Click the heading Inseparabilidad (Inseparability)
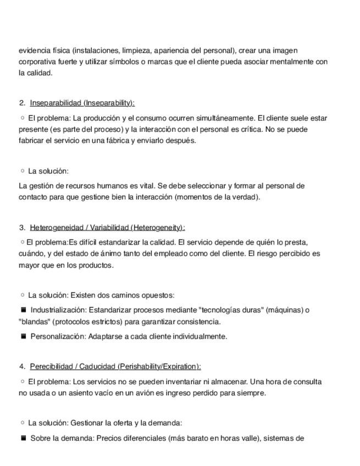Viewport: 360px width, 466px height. coord(82,103)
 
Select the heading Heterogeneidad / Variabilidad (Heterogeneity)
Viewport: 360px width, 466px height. coord(107,228)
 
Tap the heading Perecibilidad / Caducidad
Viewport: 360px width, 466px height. coord(115,367)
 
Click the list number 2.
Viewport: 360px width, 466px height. coord(21,103)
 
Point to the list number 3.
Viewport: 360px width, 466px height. coord(21,228)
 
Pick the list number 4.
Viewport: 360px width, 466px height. coord(21,367)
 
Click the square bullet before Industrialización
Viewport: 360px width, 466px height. coord(24,310)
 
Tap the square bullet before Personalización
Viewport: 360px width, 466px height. coord(24,336)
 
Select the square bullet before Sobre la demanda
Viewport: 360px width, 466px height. coord(24,439)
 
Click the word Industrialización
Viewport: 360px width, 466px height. coord(58,310)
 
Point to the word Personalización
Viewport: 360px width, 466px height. coord(58,336)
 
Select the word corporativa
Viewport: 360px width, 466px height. coord(37,62)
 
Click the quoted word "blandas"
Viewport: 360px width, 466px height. coord(34,321)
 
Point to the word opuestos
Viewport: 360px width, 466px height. coord(159,295)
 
